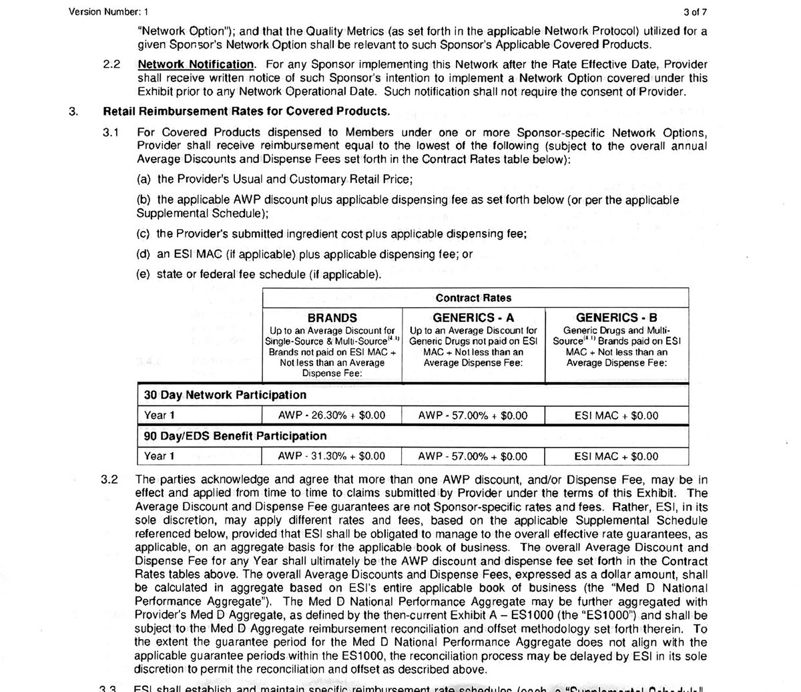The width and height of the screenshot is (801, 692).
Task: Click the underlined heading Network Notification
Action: (196, 65)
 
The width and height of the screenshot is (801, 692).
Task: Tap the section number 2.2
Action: (111, 65)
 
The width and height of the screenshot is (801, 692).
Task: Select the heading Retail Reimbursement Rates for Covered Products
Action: (246, 112)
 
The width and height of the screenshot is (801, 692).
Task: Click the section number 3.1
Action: (111, 132)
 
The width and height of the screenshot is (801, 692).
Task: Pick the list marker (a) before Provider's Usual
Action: (144, 180)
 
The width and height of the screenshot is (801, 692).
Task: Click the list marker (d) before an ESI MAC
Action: (144, 254)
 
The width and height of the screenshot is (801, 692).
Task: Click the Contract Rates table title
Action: (473, 298)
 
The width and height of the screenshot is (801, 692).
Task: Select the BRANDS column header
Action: (332, 318)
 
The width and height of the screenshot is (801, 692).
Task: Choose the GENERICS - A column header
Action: (473, 318)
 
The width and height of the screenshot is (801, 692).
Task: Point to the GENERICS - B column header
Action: (617, 318)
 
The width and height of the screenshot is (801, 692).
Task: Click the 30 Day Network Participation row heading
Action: (226, 395)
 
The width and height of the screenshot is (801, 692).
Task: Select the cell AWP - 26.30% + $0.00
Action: (332, 415)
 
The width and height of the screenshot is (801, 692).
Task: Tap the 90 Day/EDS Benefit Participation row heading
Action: (235, 436)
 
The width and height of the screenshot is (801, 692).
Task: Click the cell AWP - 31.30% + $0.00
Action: (332, 457)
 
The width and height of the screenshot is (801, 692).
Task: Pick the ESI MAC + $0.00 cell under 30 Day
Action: (616, 415)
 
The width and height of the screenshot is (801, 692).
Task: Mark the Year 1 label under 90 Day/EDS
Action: (160, 457)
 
